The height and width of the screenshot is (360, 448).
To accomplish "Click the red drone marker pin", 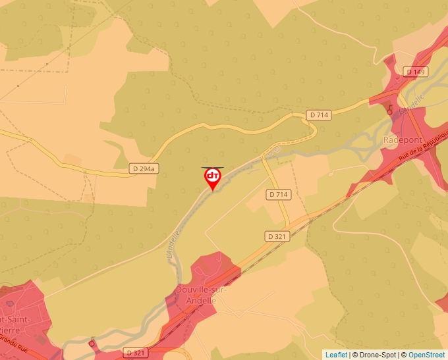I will (213, 178).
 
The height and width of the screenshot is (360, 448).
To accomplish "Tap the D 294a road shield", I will (144, 169).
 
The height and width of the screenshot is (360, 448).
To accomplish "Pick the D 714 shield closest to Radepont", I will (318, 115).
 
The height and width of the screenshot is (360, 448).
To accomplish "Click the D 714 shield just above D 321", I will (279, 195).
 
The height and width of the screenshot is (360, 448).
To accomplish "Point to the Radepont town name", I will (403, 140).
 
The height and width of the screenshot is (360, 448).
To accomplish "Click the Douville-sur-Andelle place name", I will (196, 295).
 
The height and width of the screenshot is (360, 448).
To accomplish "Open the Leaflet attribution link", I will (336, 355).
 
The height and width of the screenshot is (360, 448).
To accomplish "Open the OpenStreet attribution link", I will (426, 355).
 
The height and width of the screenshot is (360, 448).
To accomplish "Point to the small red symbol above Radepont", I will (391, 110).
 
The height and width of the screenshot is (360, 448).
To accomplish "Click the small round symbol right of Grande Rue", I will (91, 343).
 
